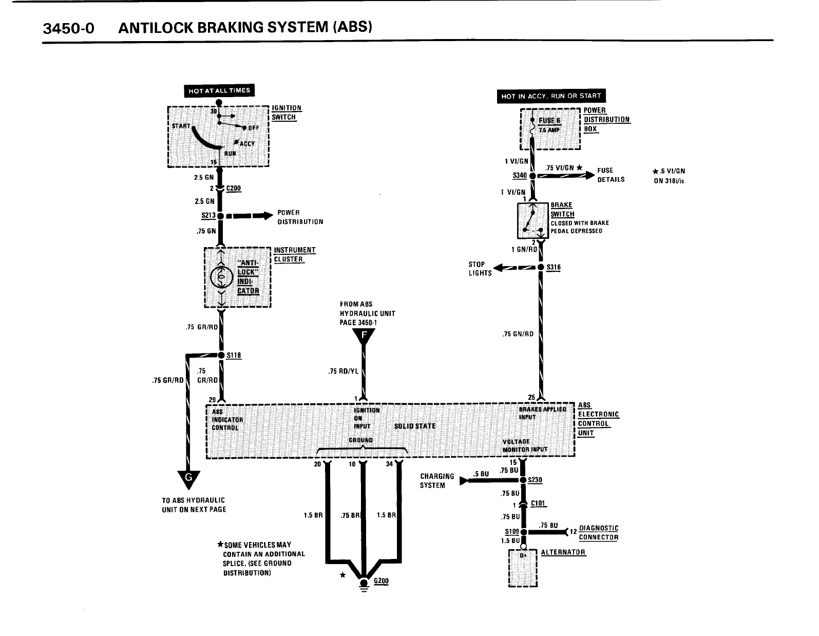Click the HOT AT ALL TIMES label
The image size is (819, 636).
(x=219, y=91)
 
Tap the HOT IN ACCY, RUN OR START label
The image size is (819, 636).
(x=551, y=96)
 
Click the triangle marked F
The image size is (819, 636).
(x=364, y=336)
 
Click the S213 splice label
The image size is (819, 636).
(x=208, y=216)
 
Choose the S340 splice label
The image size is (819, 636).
(x=520, y=176)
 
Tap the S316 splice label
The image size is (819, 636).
(x=554, y=267)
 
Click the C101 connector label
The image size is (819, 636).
(x=538, y=503)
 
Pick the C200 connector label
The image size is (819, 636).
(x=234, y=189)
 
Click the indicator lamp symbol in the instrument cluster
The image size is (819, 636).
(x=221, y=277)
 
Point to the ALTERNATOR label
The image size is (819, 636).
(x=563, y=552)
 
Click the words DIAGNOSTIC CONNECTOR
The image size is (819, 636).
(x=598, y=533)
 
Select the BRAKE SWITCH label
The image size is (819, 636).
(x=562, y=210)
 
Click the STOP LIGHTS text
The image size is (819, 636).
(x=480, y=269)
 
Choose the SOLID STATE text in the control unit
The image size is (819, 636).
(x=414, y=426)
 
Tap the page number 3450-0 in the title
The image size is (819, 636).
(x=69, y=28)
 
